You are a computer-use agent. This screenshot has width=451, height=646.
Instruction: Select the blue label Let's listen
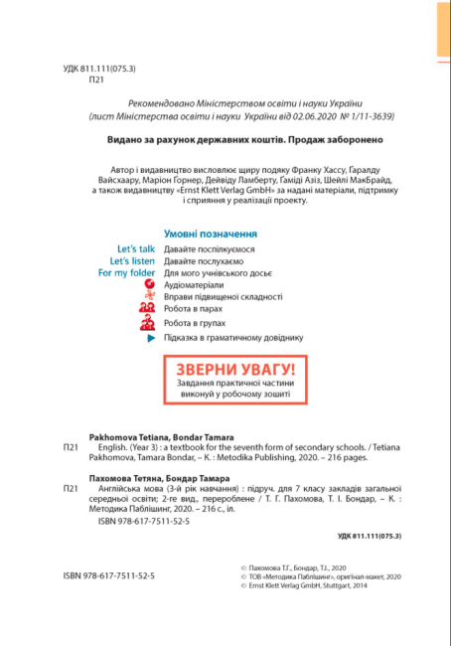coord(132,260)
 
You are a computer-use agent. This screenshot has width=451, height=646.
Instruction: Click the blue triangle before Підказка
coord(151,339)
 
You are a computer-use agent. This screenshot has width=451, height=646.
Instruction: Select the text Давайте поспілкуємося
coord(210,247)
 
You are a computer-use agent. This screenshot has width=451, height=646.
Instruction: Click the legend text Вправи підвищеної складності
coord(224,296)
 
